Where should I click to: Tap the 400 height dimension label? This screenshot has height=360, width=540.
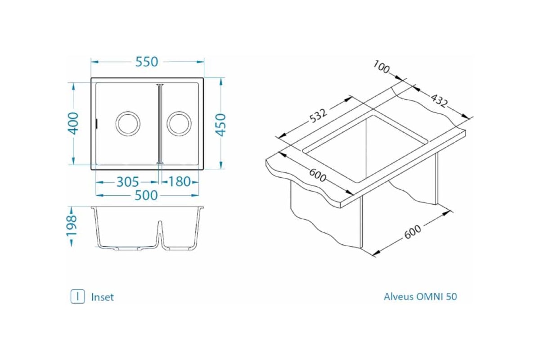(x=74, y=123)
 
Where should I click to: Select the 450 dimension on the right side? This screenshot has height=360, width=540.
(x=220, y=125)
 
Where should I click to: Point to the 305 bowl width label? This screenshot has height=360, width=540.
(x=128, y=182)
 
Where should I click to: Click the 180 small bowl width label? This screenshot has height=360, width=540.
(x=180, y=182)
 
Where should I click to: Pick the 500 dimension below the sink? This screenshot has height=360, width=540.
(x=147, y=195)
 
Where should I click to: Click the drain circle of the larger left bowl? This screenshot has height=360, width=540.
(x=128, y=123)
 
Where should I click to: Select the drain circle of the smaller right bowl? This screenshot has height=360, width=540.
(x=179, y=123)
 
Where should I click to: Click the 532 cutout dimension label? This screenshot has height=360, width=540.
(x=318, y=116)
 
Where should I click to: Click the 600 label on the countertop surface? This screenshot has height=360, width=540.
(x=318, y=175)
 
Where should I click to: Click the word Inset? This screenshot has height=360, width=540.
(x=103, y=297)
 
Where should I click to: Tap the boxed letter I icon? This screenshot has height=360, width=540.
(x=77, y=297)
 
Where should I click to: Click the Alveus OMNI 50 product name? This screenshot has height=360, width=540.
(x=420, y=297)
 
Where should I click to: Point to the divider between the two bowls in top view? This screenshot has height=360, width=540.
(x=159, y=123)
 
